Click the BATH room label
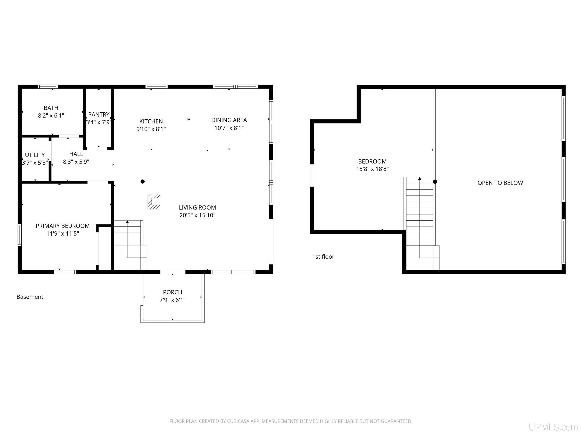point(51,108)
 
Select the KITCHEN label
point(151,121)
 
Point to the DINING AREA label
point(229,120)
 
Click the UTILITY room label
point(35,155)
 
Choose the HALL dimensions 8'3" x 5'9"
point(76,162)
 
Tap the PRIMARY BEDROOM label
point(63,226)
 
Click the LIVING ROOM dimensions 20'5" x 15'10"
point(197,215)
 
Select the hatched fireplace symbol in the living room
point(154,202)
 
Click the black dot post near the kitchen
point(143,181)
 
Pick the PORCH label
point(172,292)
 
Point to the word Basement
point(30,297)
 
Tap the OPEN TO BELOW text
point(500,183)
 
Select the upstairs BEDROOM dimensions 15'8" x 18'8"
point(372,169)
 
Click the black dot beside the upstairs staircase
point(435,182)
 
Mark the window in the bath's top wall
point(48,87)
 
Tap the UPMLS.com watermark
point(553,427)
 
